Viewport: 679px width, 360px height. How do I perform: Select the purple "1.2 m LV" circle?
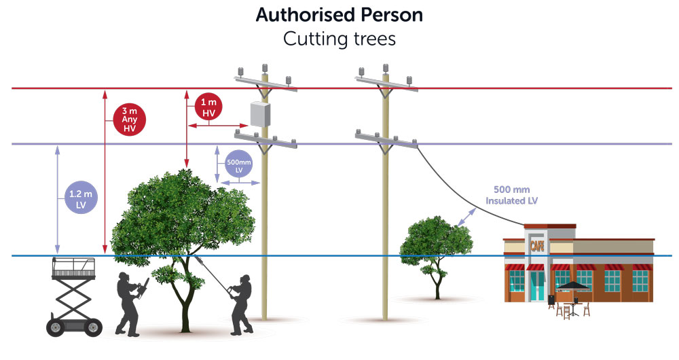(x=77, y=198)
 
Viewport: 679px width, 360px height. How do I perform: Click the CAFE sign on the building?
(x=537, y=245)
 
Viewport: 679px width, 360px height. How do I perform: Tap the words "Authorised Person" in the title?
(x=339, y=15)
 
